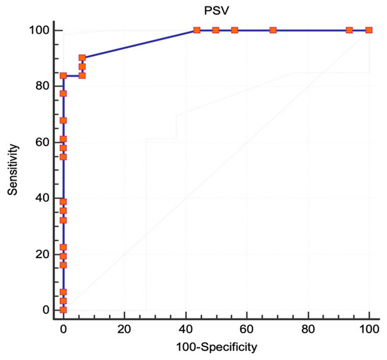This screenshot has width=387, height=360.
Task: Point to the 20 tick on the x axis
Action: click(124, 329)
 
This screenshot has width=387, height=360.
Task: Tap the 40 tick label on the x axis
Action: click(185, 329)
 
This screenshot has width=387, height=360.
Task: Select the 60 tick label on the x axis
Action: click(246, 329)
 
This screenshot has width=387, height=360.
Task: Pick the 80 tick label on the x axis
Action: click(307, 329)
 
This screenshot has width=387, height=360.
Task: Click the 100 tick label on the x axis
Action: click(369, 329)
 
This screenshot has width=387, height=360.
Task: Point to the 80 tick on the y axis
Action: click(44, 86)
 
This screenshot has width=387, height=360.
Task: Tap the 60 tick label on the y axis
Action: click(44, 142)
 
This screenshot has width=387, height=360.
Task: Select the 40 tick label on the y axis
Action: click(44, 198)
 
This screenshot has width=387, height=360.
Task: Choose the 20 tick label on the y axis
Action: click(44, 254)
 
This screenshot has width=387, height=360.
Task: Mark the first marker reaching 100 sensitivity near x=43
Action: click(196, 30)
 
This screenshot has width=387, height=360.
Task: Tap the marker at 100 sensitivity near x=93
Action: click(350, 30)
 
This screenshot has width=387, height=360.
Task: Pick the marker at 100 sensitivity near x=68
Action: click(273, 30)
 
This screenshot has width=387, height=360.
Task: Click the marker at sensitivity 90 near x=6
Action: click(82, 58)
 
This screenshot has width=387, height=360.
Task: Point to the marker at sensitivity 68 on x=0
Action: click(63, 120)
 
